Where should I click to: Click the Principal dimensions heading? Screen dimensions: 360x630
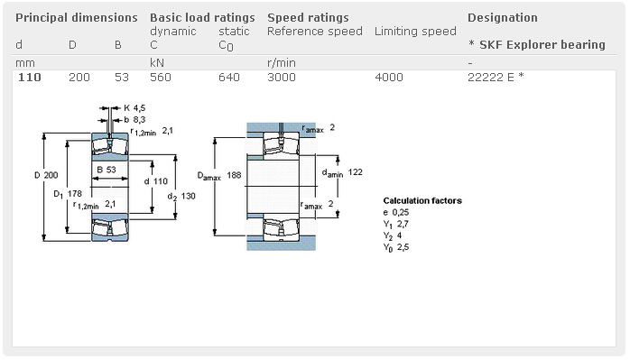coord(77,17)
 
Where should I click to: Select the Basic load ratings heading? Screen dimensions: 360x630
coord(202,17)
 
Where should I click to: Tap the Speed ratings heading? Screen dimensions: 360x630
coord(308,17)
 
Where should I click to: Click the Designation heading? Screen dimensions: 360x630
coord(502,17)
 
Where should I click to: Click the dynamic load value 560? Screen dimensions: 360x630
coord(161,78)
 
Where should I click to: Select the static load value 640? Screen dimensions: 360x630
coord(229,78)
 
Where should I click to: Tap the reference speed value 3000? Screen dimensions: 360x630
coord(282,78)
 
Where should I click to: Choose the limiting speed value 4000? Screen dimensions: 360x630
coord(389,78)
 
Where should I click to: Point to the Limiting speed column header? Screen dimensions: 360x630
coord(415,32)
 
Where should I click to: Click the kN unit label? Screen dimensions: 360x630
coord(157,61)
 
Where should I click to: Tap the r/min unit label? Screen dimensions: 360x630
coord(283,61)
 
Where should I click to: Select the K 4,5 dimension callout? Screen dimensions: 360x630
coord(134,108)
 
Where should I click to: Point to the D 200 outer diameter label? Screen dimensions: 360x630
coord(46,173)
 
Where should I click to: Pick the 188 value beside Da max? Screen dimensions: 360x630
coord(236,174)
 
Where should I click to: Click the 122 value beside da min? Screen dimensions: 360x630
coord(355,171)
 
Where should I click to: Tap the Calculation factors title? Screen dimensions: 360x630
coord(422,200)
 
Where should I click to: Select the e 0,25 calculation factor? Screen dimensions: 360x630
coord(396,212)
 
